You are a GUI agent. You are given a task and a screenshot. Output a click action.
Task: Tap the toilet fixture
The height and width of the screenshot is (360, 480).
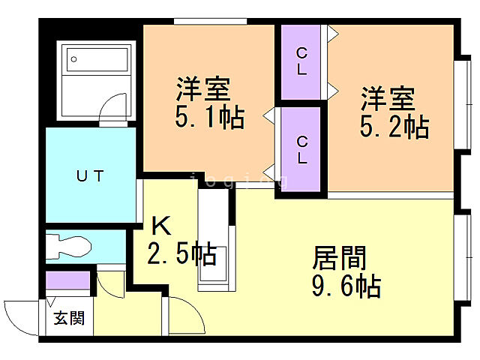(x=67, y=245)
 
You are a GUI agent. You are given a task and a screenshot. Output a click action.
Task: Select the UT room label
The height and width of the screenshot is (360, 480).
(x=89, y=177)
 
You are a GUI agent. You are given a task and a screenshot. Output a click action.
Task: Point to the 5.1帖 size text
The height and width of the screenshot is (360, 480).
(x=210, y=118)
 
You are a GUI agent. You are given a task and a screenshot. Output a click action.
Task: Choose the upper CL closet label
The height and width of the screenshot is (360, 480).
(x=301, y=61)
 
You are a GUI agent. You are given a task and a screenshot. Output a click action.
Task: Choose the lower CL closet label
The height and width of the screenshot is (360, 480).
(x=301, y=149)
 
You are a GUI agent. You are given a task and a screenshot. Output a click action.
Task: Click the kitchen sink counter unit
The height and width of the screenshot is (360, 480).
(x=211, y=240)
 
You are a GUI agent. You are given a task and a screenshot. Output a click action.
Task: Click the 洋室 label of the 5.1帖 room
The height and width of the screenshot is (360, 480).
(x=202, y=90)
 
